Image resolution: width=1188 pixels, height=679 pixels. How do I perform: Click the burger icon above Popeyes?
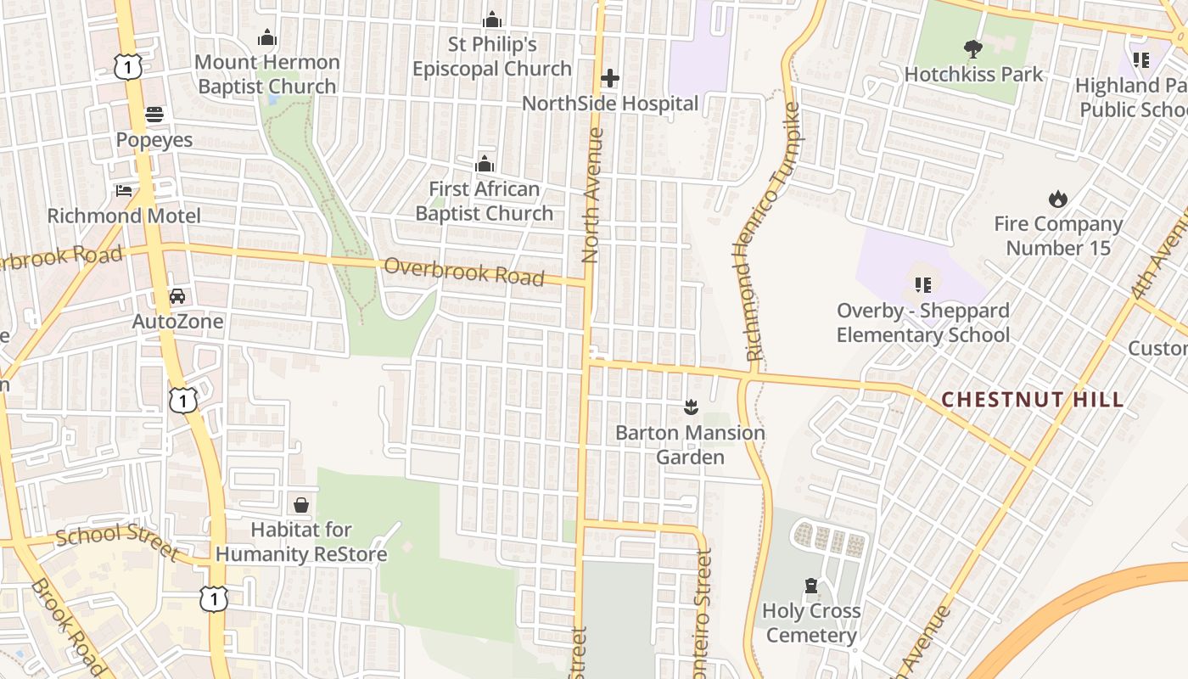pos(154,114)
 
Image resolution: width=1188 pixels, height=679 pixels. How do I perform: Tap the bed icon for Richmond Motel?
pos(124,190)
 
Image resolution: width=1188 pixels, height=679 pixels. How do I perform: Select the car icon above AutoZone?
pos(177,296)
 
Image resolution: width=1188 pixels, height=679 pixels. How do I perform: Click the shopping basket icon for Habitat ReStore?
pos(300,505)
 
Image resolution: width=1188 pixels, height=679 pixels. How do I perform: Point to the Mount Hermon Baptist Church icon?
pos(267,37)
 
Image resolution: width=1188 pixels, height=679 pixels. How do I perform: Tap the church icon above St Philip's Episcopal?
pos(491,20)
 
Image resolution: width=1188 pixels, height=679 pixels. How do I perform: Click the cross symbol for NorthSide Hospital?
pos(609,79)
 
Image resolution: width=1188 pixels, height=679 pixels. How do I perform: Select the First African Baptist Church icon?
pos(485,163)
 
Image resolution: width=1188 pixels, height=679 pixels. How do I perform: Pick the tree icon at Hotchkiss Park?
pos(972,49)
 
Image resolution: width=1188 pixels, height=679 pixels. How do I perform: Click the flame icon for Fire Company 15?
pos(1057,199)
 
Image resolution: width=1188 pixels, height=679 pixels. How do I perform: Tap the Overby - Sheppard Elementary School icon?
pos(922,285)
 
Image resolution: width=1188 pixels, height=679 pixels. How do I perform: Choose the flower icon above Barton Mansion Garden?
pos(690,408)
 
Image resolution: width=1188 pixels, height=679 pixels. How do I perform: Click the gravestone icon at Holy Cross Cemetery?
pos(811,586)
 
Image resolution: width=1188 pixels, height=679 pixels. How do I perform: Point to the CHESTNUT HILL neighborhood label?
pos(1033,400)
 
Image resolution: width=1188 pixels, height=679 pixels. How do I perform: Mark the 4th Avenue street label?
pos(1161,255)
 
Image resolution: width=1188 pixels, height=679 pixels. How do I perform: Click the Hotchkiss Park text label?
pos(973,74)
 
